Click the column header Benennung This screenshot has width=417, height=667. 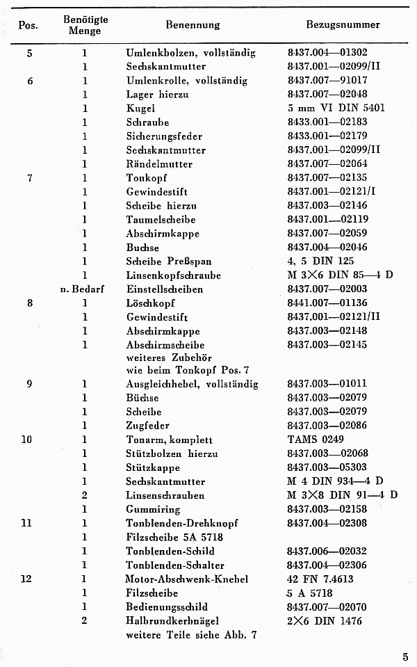click(193, 25)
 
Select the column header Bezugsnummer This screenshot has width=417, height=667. click(343, 25)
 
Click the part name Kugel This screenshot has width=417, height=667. click(140, 109)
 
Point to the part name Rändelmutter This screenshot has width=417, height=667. click(159, 164)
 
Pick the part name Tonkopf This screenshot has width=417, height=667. click(145, 178)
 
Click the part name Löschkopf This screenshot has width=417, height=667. click(150, 303)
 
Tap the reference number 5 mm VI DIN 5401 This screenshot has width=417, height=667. click(336, 109)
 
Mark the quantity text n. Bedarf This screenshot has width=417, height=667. click(82, 289)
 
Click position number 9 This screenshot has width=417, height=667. click(28, 384)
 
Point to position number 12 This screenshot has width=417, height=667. click(26, 579)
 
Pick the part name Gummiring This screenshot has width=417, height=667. click(151, 509)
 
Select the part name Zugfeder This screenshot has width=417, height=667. click(147, 426)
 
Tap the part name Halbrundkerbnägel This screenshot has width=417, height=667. click(174, 620)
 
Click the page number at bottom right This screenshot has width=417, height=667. click(404, 654)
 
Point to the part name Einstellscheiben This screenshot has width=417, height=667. click(165, 289)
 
